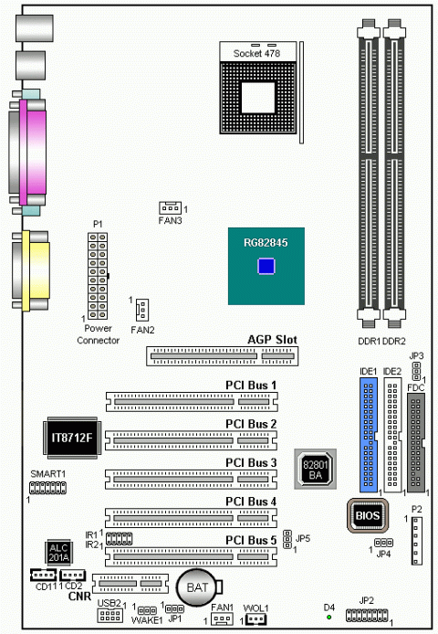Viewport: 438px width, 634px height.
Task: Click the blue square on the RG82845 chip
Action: (x=266, y=266)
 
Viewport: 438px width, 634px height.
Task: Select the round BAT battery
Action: (x=197, y=587)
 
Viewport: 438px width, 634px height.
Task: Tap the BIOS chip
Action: (x=368, y=515)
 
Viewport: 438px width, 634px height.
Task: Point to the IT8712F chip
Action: (x=72, y=438)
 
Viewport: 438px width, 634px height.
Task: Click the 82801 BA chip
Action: (x=315, y=469)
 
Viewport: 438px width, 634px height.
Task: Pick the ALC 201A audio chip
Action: (x=58, y=553)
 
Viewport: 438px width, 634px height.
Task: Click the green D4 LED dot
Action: (x=328, y=617)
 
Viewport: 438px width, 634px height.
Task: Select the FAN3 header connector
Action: (x=170, y=207)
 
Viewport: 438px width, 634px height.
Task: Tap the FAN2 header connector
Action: (x=142, y=310)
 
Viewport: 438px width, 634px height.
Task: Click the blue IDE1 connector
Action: (x=368, y=435)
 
